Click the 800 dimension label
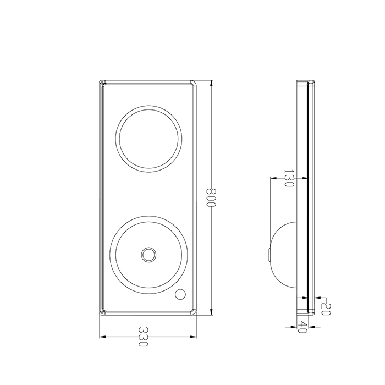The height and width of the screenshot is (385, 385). [211, 197]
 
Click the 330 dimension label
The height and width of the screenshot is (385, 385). [143, 337]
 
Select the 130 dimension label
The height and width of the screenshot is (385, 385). [289, 178]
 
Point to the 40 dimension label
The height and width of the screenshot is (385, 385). [302, 327]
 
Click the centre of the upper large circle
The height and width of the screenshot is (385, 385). [149, 139]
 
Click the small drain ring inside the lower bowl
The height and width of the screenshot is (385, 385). [148, 255]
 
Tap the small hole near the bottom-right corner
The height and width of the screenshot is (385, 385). [180, 294]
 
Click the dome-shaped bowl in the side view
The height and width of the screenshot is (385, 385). [284, 255]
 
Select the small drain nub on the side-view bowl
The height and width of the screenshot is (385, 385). [269, 255]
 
